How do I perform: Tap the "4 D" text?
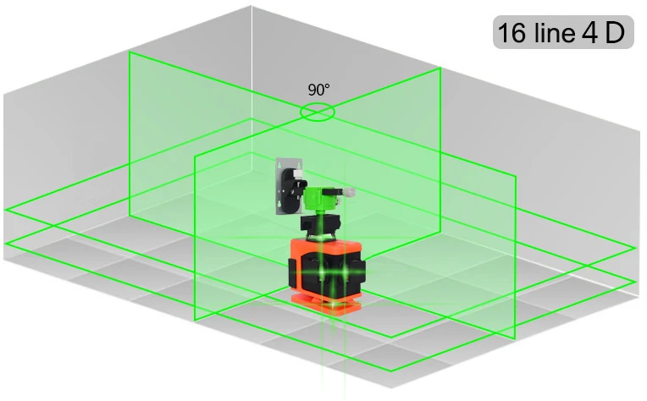tap(603, 32)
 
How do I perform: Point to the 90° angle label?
tap(318, 90)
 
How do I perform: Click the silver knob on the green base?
tap(350, 192)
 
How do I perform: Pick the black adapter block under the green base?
tap(320, 224)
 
